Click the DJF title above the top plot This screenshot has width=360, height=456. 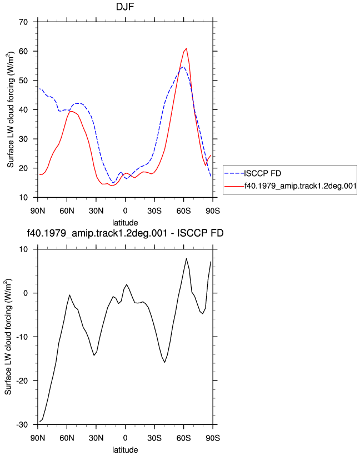(125, 7)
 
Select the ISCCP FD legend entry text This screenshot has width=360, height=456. (263, 173)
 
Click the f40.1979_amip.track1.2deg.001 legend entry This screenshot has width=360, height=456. (301, 186)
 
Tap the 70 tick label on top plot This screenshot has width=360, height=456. (23, 22)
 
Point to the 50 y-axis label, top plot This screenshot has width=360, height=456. (23, 81)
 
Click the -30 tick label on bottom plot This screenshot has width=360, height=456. (22, 424)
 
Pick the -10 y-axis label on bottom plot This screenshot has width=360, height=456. (22, 337)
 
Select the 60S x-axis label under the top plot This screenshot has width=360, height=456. (183, 211)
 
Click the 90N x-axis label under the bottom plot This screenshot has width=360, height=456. (38, 438)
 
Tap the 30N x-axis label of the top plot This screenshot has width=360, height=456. (96, 211)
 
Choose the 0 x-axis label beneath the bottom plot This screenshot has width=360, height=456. (126, 438)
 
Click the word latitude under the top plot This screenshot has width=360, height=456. (125, 223)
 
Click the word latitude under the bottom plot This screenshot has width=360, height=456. (125, 450)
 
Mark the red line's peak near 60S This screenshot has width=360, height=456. (186, 48)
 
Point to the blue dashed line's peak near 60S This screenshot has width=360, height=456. (183, 67)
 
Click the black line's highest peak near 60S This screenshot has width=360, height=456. (187, 258)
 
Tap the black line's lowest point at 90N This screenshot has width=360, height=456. (40, 422)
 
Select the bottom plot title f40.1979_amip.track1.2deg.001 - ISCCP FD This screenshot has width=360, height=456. (125, 233)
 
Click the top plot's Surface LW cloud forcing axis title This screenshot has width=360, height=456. (11, 109)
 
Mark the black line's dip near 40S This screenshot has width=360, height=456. (164, 362)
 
